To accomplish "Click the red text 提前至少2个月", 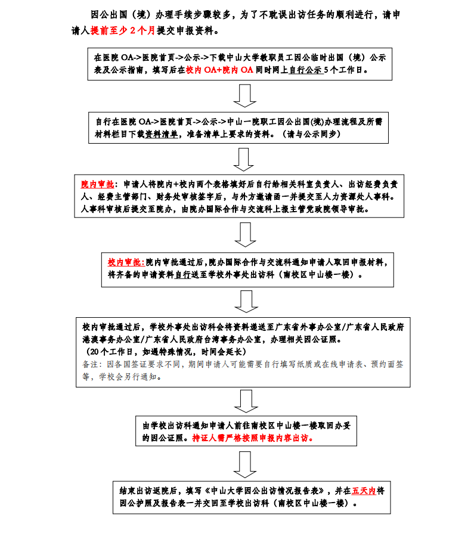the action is [123, 30].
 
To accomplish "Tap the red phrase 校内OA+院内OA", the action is [219, 70].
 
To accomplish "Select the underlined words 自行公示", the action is [305, 70].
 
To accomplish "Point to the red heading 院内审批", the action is [97, 185].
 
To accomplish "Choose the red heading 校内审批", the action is [126, 262].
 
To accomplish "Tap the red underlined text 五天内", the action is [364, 491].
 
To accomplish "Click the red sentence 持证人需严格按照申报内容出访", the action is [253, 438].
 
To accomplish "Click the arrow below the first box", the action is [244, 96].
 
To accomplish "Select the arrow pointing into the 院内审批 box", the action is [244, 160].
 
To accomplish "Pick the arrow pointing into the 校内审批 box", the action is [245, 235].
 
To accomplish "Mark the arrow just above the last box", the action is [244, 464].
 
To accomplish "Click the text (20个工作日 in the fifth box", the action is [110, 352].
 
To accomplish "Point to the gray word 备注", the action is [90, 364].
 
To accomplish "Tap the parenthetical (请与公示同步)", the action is [311, 134].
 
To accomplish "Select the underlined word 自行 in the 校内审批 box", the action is [183, 275].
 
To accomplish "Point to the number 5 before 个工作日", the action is [326, 70].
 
